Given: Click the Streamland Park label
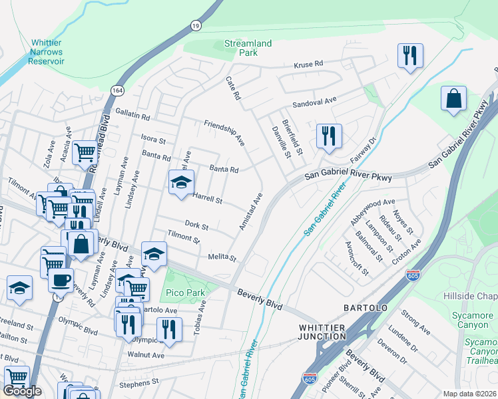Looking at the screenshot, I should (x=248, y=47).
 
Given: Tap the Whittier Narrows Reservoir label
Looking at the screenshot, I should (x=46, y=51).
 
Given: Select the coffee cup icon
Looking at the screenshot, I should (x=61, y=279).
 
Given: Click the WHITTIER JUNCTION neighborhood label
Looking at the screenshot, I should (x=322, y=332).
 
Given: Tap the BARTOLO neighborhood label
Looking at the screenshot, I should (x=366, y=308).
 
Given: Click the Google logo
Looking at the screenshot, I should (x=22, y=391).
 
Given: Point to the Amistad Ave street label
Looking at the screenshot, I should (x=252, y=212).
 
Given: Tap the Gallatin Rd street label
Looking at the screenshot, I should (x=132, y=115).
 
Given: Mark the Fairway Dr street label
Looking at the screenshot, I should (x=364, y=151).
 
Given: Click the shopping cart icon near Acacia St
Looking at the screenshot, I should (x=85, y=153).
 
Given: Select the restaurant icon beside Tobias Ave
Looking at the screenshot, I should (x=169, y=329).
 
